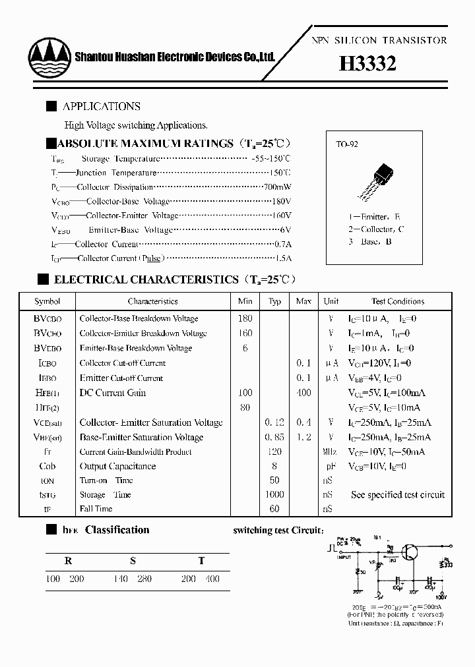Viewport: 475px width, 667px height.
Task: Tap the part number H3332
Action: (367, 63)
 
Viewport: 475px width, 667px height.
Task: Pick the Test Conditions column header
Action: (398, 301)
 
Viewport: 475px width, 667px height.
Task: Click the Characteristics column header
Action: (152, 301)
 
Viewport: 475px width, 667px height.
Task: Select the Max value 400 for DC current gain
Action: (303, 393)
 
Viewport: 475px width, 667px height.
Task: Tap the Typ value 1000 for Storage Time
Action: (274, 494)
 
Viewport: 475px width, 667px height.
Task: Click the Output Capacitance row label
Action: (117, 466)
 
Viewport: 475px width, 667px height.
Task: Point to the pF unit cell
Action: (330, 466)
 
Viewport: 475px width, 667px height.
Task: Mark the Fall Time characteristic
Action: (96, 509)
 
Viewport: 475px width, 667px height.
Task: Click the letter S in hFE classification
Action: (133, 561)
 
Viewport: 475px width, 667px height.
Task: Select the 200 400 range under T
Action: (201, 579)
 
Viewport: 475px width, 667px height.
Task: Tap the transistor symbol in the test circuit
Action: (410, 552)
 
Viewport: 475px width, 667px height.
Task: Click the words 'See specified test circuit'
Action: (398, 494)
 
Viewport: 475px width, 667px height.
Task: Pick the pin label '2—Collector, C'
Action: (376, 229)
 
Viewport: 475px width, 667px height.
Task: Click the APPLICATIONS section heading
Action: (101, 106)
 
